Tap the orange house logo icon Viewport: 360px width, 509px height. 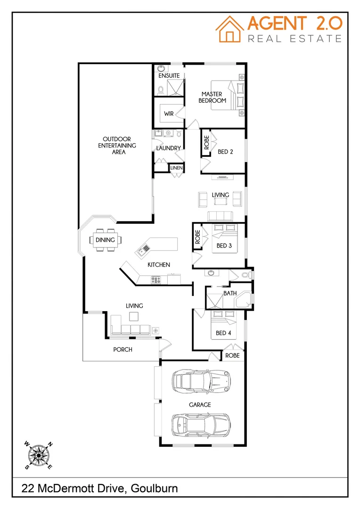click(x=230, y=29)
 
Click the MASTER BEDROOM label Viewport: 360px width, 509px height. click(x=212, y=97)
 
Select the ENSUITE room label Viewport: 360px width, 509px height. click(x=169, y=75)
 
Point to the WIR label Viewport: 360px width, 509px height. click(x=169, y=114)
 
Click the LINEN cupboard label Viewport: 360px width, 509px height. click(x=176, y=168)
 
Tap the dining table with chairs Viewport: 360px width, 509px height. click(x=105, y=240)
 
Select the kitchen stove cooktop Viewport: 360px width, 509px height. click(x=156, y=280)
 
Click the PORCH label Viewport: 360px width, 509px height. click(x=123, y=350)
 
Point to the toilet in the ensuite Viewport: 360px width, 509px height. click(x=160, y=89)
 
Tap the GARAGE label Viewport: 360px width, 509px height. click(x=200, y=405)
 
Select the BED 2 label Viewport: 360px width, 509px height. click(x=226, y=152)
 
